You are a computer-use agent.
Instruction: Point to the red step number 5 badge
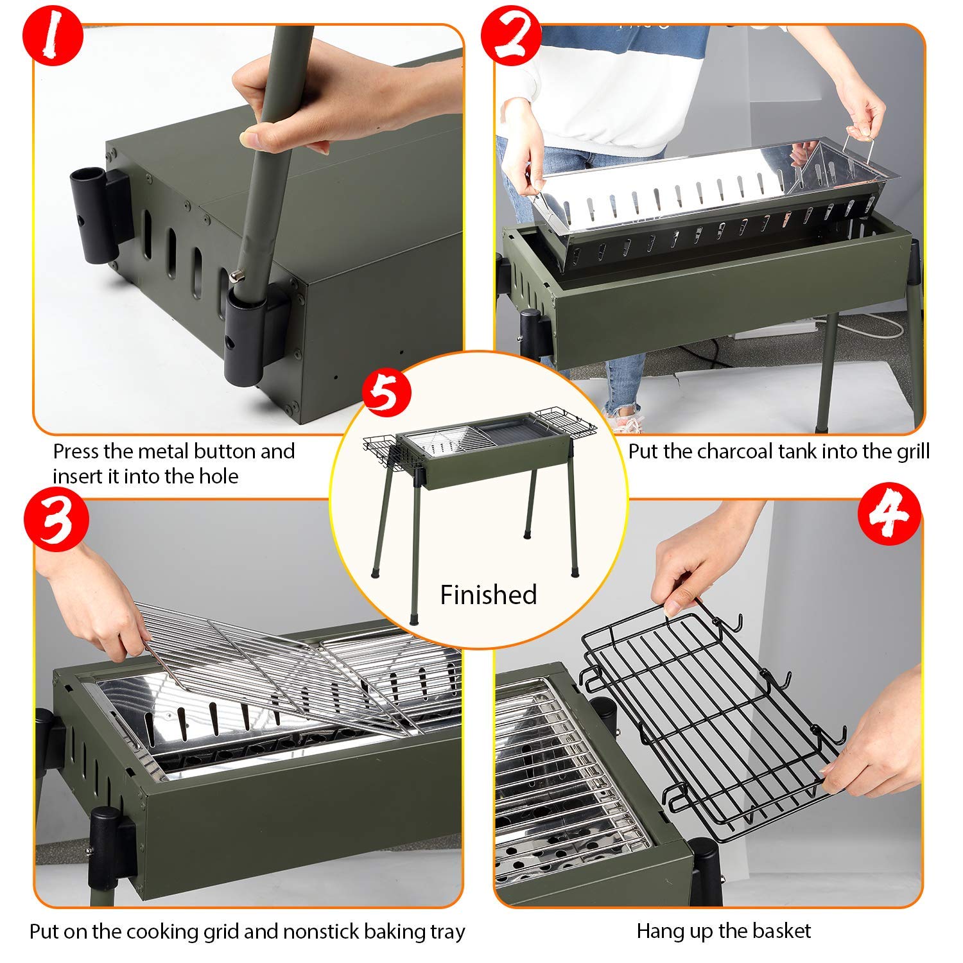tap(386, 393)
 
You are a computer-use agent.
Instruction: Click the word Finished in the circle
tap(488, 595)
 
